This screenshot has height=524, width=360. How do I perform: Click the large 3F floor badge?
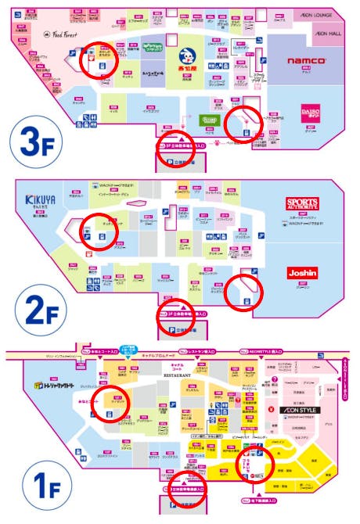pos(31,144)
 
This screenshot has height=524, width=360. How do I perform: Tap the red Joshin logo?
pos(302,275)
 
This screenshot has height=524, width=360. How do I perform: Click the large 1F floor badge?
pos(30,479)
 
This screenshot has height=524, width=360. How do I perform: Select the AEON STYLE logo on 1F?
pos(294,409)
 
